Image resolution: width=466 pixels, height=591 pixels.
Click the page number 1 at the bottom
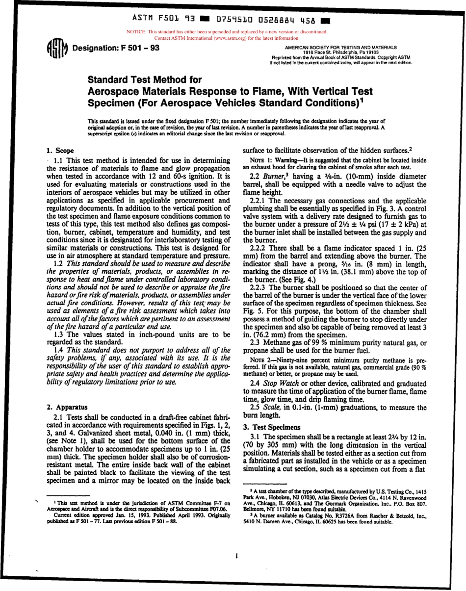[236, 556]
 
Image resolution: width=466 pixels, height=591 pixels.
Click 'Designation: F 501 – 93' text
[115, 48]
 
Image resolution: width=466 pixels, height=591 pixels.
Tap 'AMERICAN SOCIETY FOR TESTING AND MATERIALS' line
[340, 47]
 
